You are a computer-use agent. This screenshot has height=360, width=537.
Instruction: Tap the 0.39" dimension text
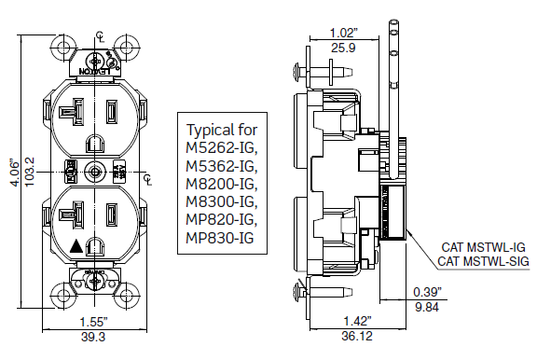[x=430, y=292]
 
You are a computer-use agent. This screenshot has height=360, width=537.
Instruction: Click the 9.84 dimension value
[x=430, y=306]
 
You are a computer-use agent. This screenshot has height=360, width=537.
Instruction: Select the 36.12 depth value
[x=353, y=337]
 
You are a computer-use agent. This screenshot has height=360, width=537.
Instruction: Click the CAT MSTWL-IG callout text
[x=482, y=247]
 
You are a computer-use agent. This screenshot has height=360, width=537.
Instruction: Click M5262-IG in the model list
[x=221, y=148]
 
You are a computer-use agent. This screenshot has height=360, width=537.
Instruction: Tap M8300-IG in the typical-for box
[x=221, y=201]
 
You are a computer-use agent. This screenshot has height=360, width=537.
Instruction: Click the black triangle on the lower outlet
[x=76, y=246]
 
